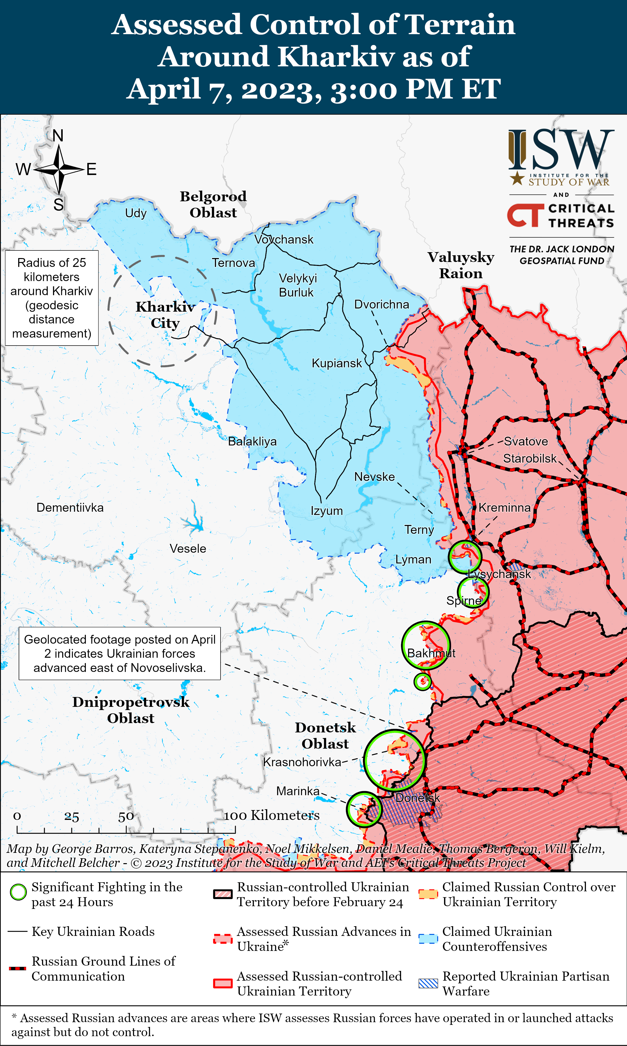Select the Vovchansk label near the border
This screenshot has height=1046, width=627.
click(284, 239)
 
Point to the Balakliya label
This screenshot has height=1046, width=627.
click(252, 441)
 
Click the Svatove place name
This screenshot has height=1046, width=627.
click(526, 441)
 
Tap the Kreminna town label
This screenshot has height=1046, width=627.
click(505, 507)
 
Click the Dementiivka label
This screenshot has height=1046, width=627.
click(70, 507)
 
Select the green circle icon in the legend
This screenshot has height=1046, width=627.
click(18, 892)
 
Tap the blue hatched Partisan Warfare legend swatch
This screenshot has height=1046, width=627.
click(428, 984)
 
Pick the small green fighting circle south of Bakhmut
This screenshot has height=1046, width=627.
click(422, 682)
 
